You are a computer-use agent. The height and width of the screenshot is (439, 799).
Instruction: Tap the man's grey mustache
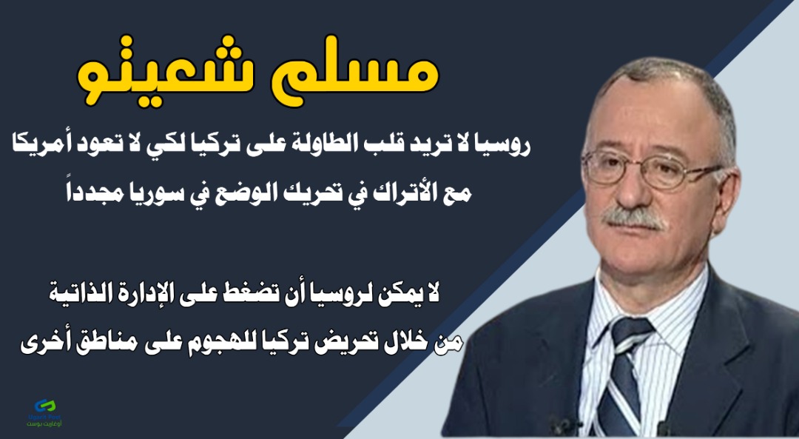click(x=633, y=218)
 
